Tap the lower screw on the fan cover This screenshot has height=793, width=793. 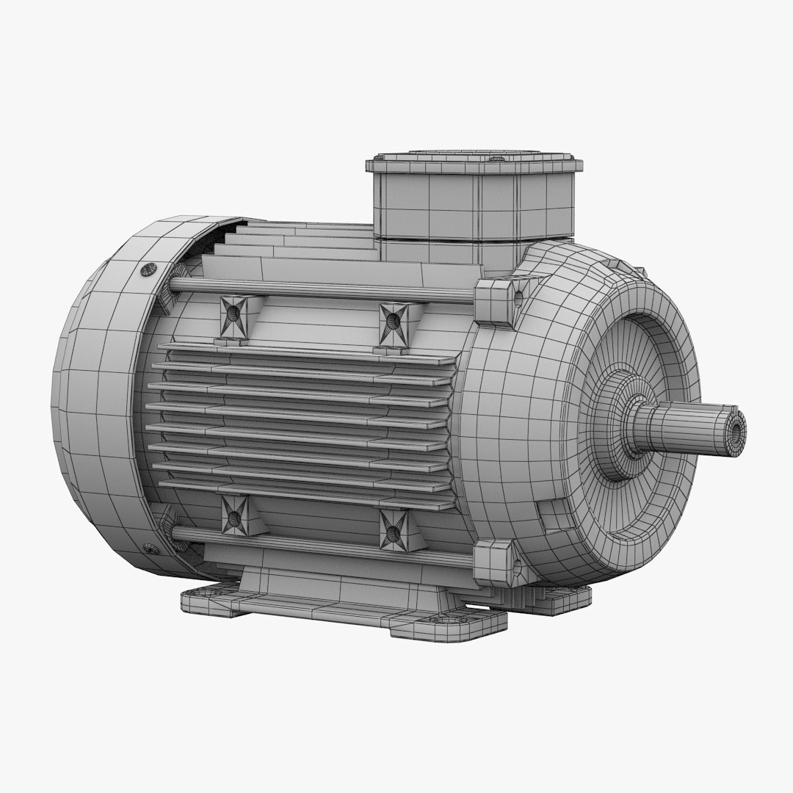(x=150, y=548)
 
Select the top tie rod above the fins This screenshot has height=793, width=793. (x=323, y=289)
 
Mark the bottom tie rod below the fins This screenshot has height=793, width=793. (x=323, y=544)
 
